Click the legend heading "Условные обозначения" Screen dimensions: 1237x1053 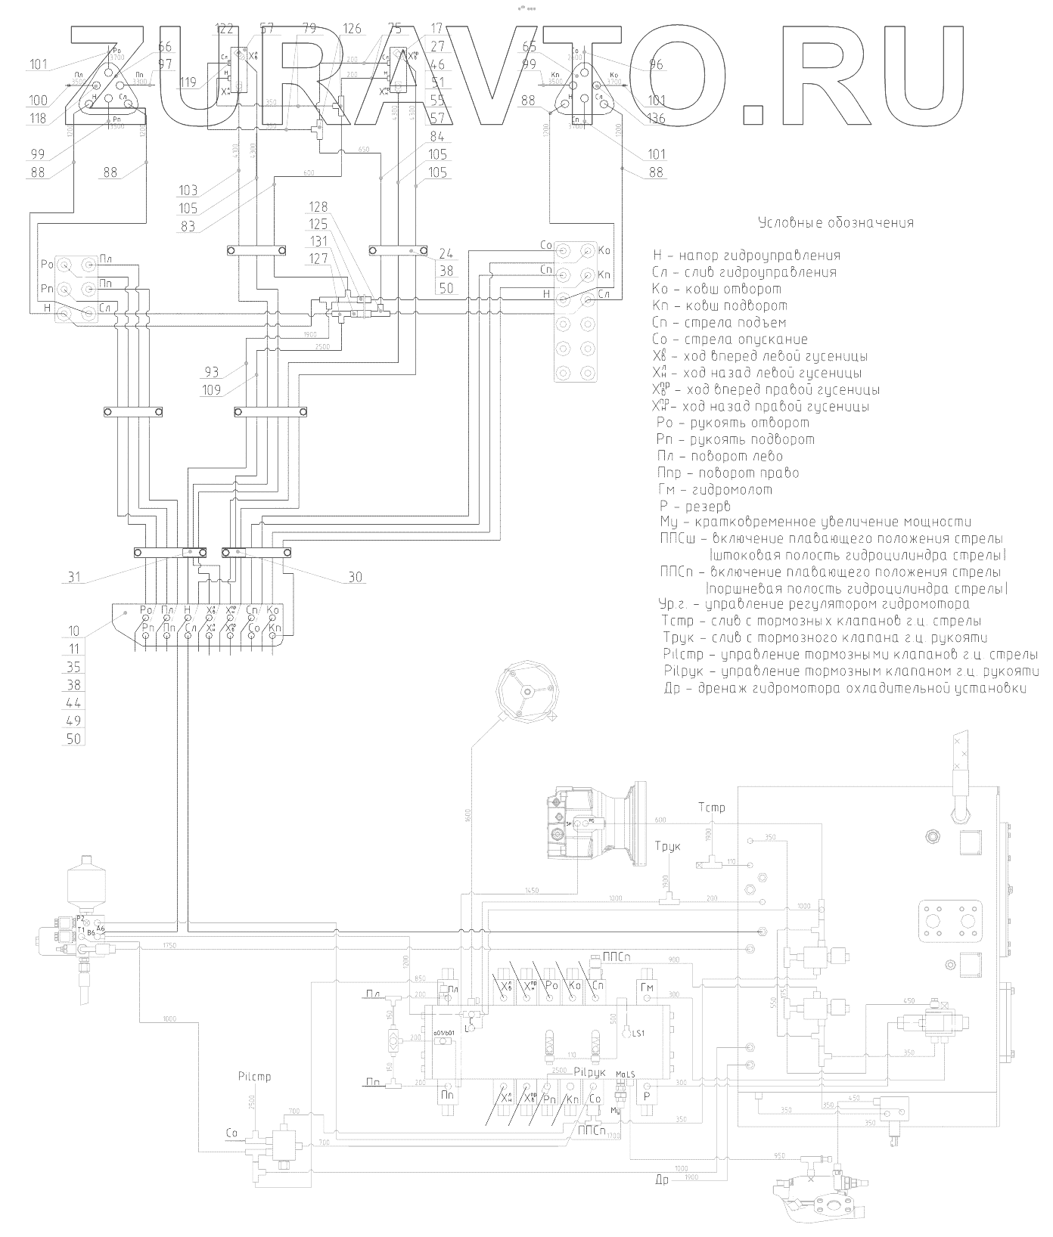[x=835, y=223]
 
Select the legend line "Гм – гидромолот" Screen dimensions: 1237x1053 [x=715, y=490]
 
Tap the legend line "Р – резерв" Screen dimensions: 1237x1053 [x=694, y=506]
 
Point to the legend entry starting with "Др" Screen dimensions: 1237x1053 [x=844, y=689]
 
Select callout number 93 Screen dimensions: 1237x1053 [x=211, y=372]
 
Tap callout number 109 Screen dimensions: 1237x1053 [x=211, y=390]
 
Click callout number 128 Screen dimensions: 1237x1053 [x=319, y=207]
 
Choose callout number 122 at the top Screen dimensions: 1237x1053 [x=225, y=29]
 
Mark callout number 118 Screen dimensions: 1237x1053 [x=39, y=118]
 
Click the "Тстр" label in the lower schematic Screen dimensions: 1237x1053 [x=712, y=808]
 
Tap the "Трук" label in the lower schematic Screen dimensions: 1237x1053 [x=668, y=846]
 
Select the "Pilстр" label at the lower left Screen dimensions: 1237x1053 [x=253, y=1077]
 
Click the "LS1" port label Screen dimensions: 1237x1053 [x=639, y=1034]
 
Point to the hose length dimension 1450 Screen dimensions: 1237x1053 [x=531, y=891]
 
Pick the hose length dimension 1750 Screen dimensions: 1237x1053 [x=168, y=946]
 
